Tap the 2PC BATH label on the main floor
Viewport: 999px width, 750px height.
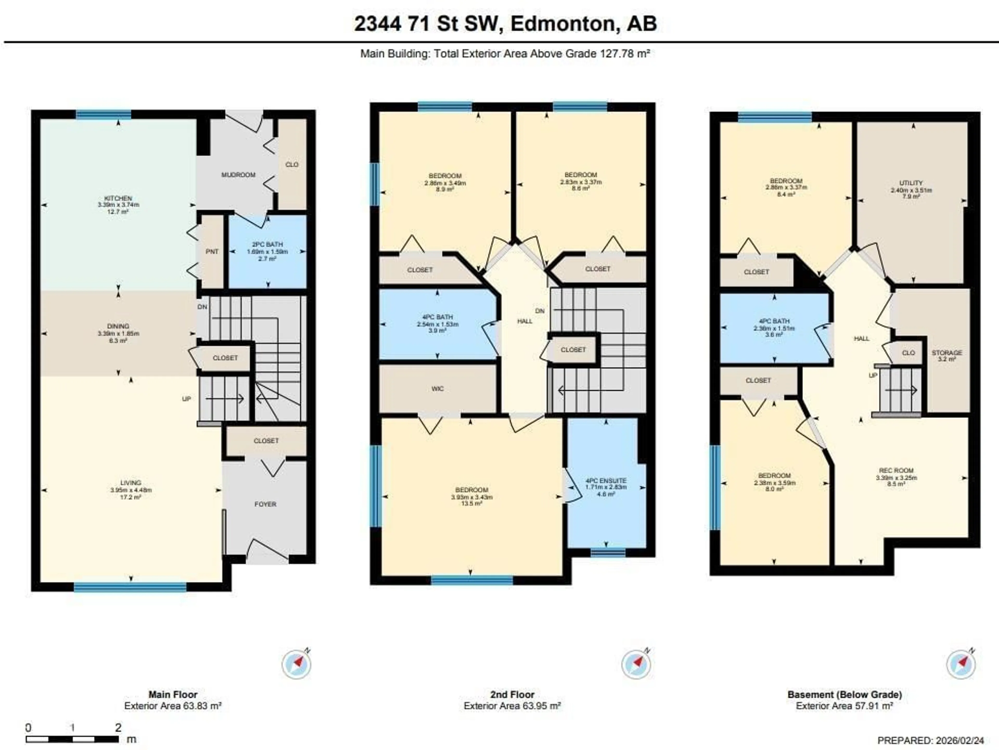[268, 244]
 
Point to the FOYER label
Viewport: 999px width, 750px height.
[265, 504]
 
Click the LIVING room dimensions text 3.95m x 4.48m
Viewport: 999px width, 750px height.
[131, 490]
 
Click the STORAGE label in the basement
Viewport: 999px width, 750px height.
[947, 353]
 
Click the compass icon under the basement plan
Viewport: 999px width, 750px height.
[960, 664]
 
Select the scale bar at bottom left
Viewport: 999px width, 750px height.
[72, 739]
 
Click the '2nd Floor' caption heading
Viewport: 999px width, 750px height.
[512, 694]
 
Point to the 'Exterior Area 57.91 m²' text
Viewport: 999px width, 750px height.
[844, 706]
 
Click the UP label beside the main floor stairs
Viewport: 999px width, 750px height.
[186, 399]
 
